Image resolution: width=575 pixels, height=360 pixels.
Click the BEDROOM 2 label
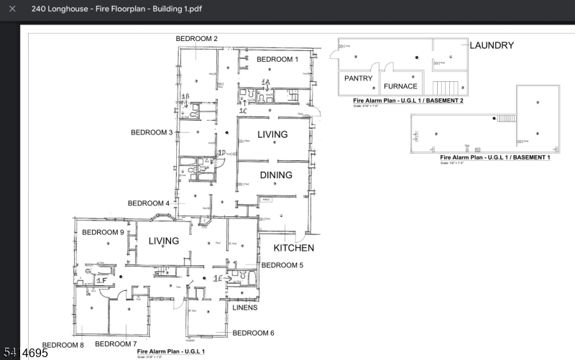(197, 38)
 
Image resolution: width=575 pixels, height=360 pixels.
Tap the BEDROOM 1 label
(277, 59)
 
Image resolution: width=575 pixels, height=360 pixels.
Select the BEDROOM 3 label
(151, 132)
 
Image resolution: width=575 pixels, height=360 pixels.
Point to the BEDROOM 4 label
(149, 203)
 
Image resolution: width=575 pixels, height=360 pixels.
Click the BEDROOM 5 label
(282, 265)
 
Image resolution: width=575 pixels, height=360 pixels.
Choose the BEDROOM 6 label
(253, 333)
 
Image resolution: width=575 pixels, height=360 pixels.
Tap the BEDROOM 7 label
(116, 344)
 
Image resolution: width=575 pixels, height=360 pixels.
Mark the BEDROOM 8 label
(63, 346)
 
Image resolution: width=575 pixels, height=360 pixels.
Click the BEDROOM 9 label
(103, 232)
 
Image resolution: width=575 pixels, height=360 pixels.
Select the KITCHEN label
(293, 248)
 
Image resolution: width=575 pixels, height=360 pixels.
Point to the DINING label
(276, 175)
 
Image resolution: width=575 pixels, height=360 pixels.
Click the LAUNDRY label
(492, 45)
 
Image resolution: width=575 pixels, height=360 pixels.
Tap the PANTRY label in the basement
(358, 78)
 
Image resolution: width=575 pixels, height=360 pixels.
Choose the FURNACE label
(405, 86)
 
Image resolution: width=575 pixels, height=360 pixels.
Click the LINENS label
(244, 308)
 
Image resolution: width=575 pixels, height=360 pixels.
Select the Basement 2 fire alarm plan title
(408, 101)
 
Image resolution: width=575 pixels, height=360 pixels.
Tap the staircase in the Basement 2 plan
(446, 88)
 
